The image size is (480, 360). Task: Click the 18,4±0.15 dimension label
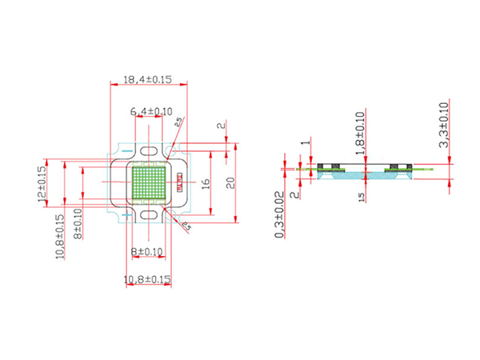tap(148, 79)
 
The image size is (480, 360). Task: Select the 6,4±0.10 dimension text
tap(151, 112)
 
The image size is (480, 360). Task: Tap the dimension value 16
tap(206, 183)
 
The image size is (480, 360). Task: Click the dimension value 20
tap(229, 183)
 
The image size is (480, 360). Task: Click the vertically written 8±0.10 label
tap(78, 226)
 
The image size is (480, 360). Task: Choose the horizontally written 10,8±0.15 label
tap(148, 279)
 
